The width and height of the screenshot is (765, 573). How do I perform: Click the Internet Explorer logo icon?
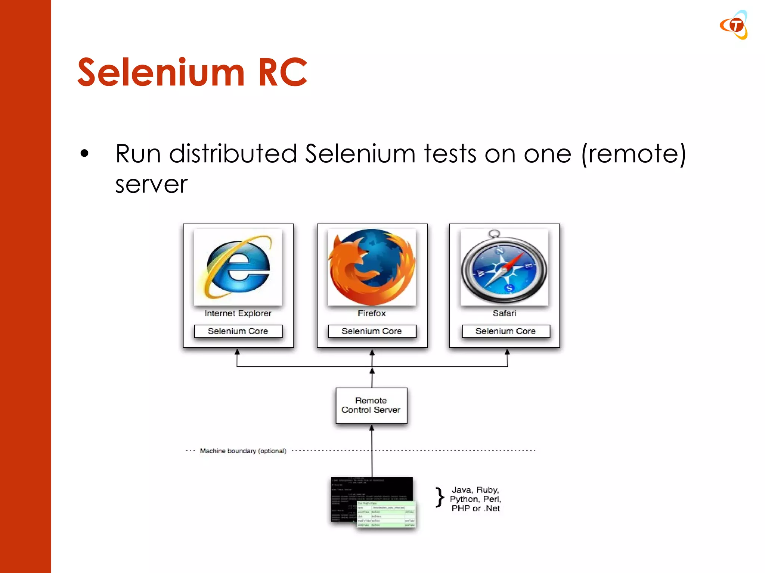[x=238, y=267]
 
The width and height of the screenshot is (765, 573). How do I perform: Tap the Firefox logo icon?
[x=372, y=267]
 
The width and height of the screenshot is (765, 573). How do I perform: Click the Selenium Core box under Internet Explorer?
[x=238, y=331]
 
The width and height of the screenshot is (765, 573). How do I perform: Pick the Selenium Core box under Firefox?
[x=372, y=331]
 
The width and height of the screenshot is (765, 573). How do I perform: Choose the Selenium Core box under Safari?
[x=506, y=331]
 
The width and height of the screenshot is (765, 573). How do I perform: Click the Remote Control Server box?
[x=371, y=406]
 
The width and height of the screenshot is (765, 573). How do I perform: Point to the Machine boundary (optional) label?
[x=243, y=451]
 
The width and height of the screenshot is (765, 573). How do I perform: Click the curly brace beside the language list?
[x=440, y=498]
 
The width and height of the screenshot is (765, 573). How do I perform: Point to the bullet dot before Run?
[x=85, y=153]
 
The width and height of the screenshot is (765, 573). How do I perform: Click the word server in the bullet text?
[x=151, y=184]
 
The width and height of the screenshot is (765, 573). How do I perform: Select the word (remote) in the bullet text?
[x=634, y=154]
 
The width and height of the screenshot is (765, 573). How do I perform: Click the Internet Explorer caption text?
[x=238, y=313]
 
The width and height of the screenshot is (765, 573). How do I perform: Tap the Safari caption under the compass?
[x=504, y=313]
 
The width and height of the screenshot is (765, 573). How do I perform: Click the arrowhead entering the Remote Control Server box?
[x=372, y=429]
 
